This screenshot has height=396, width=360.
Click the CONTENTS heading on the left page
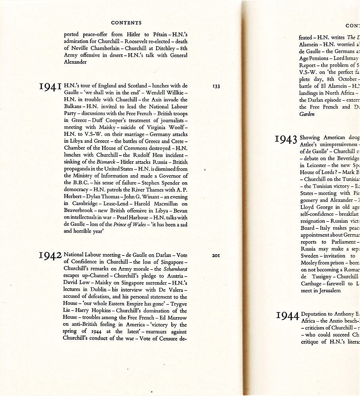pos(126,23)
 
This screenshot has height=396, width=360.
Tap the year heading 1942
pos(51,256)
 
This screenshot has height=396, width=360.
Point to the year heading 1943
pos(286,139)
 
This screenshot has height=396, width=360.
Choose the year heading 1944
pos(287,316)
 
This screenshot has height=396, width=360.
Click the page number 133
pos(216,86)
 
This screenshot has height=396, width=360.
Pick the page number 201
pos(216,255)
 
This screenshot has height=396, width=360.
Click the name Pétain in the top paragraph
pos(147,34)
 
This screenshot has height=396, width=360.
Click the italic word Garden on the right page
pos(307,114)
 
